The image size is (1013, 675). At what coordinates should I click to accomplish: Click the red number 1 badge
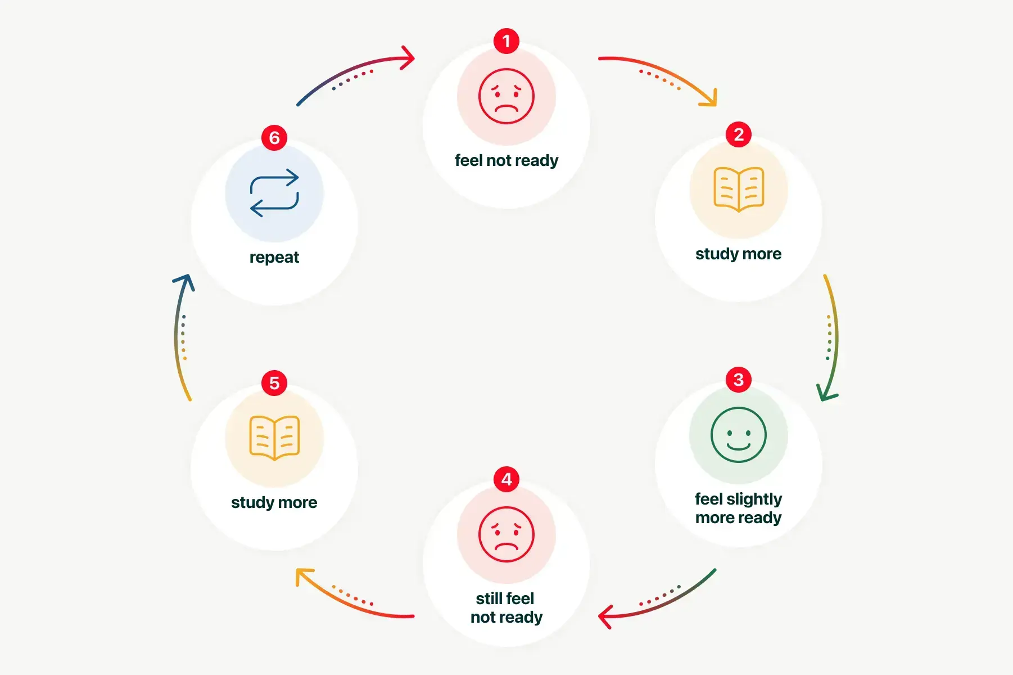pyautogui.click(x=507, y=41)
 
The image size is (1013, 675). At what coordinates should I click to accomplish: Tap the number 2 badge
pyautogui.click(x=739, y=134)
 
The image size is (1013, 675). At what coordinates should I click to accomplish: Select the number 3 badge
pyautogui.click(x=739, y=380)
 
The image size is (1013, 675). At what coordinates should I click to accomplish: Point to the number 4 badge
pyautogui.click(x=507, y=479)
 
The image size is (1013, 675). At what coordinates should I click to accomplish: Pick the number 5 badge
pyautogui.click(x=274, y=383)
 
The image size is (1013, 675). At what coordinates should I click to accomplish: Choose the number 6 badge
pyautogui.click(x=274, y=138)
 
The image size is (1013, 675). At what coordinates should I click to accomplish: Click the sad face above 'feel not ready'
pyautogui.click(x=507, y=96)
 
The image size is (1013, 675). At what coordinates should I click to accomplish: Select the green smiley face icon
pyautogui.click(x=739, y=435)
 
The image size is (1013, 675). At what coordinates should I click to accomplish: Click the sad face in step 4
pyautogui.click(x=507, y=534)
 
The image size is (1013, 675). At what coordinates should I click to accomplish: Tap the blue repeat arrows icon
pyautogui.click(x=274, y=193)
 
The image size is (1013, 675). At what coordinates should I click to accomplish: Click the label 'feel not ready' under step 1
pyautogui.click(x=507, y=160)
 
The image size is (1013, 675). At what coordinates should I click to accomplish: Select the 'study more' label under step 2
pyautogui.click(x=739, y=254)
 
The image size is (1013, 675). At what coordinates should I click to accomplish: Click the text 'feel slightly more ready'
pyautogui.click(x=739, y=508)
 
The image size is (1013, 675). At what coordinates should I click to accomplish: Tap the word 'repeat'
pyautogui.click(x=274, y=257)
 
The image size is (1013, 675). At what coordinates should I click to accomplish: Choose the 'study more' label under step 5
pyautogui.click(x=274, y=502)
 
